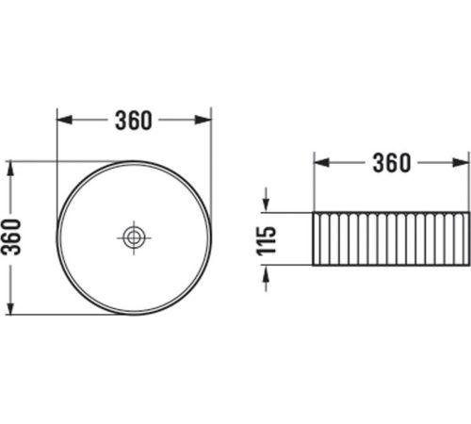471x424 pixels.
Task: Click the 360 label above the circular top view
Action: coord(134,121)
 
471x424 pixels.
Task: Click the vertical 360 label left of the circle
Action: coord(11,237)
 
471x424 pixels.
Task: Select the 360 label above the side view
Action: coord(392,163)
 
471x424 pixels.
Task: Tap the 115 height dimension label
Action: coord(267,239)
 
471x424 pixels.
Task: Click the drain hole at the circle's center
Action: coord(134,237)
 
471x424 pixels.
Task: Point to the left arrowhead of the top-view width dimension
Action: coord(65,120)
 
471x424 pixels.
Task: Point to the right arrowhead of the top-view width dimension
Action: coord(203,120)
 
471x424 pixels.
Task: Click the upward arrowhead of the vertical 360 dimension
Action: coord(10,169)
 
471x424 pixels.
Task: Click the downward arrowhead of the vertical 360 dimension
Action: coord(10,306)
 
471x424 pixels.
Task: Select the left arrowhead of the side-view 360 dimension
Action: coord(322,163)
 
